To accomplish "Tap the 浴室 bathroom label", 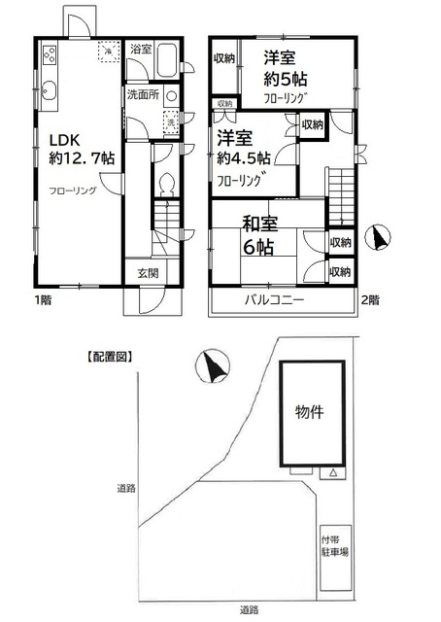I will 140,48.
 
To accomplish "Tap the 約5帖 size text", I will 287,82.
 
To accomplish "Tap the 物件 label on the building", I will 309,411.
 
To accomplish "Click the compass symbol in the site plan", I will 211,367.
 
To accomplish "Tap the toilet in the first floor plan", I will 166,185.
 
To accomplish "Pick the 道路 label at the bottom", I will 249,610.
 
